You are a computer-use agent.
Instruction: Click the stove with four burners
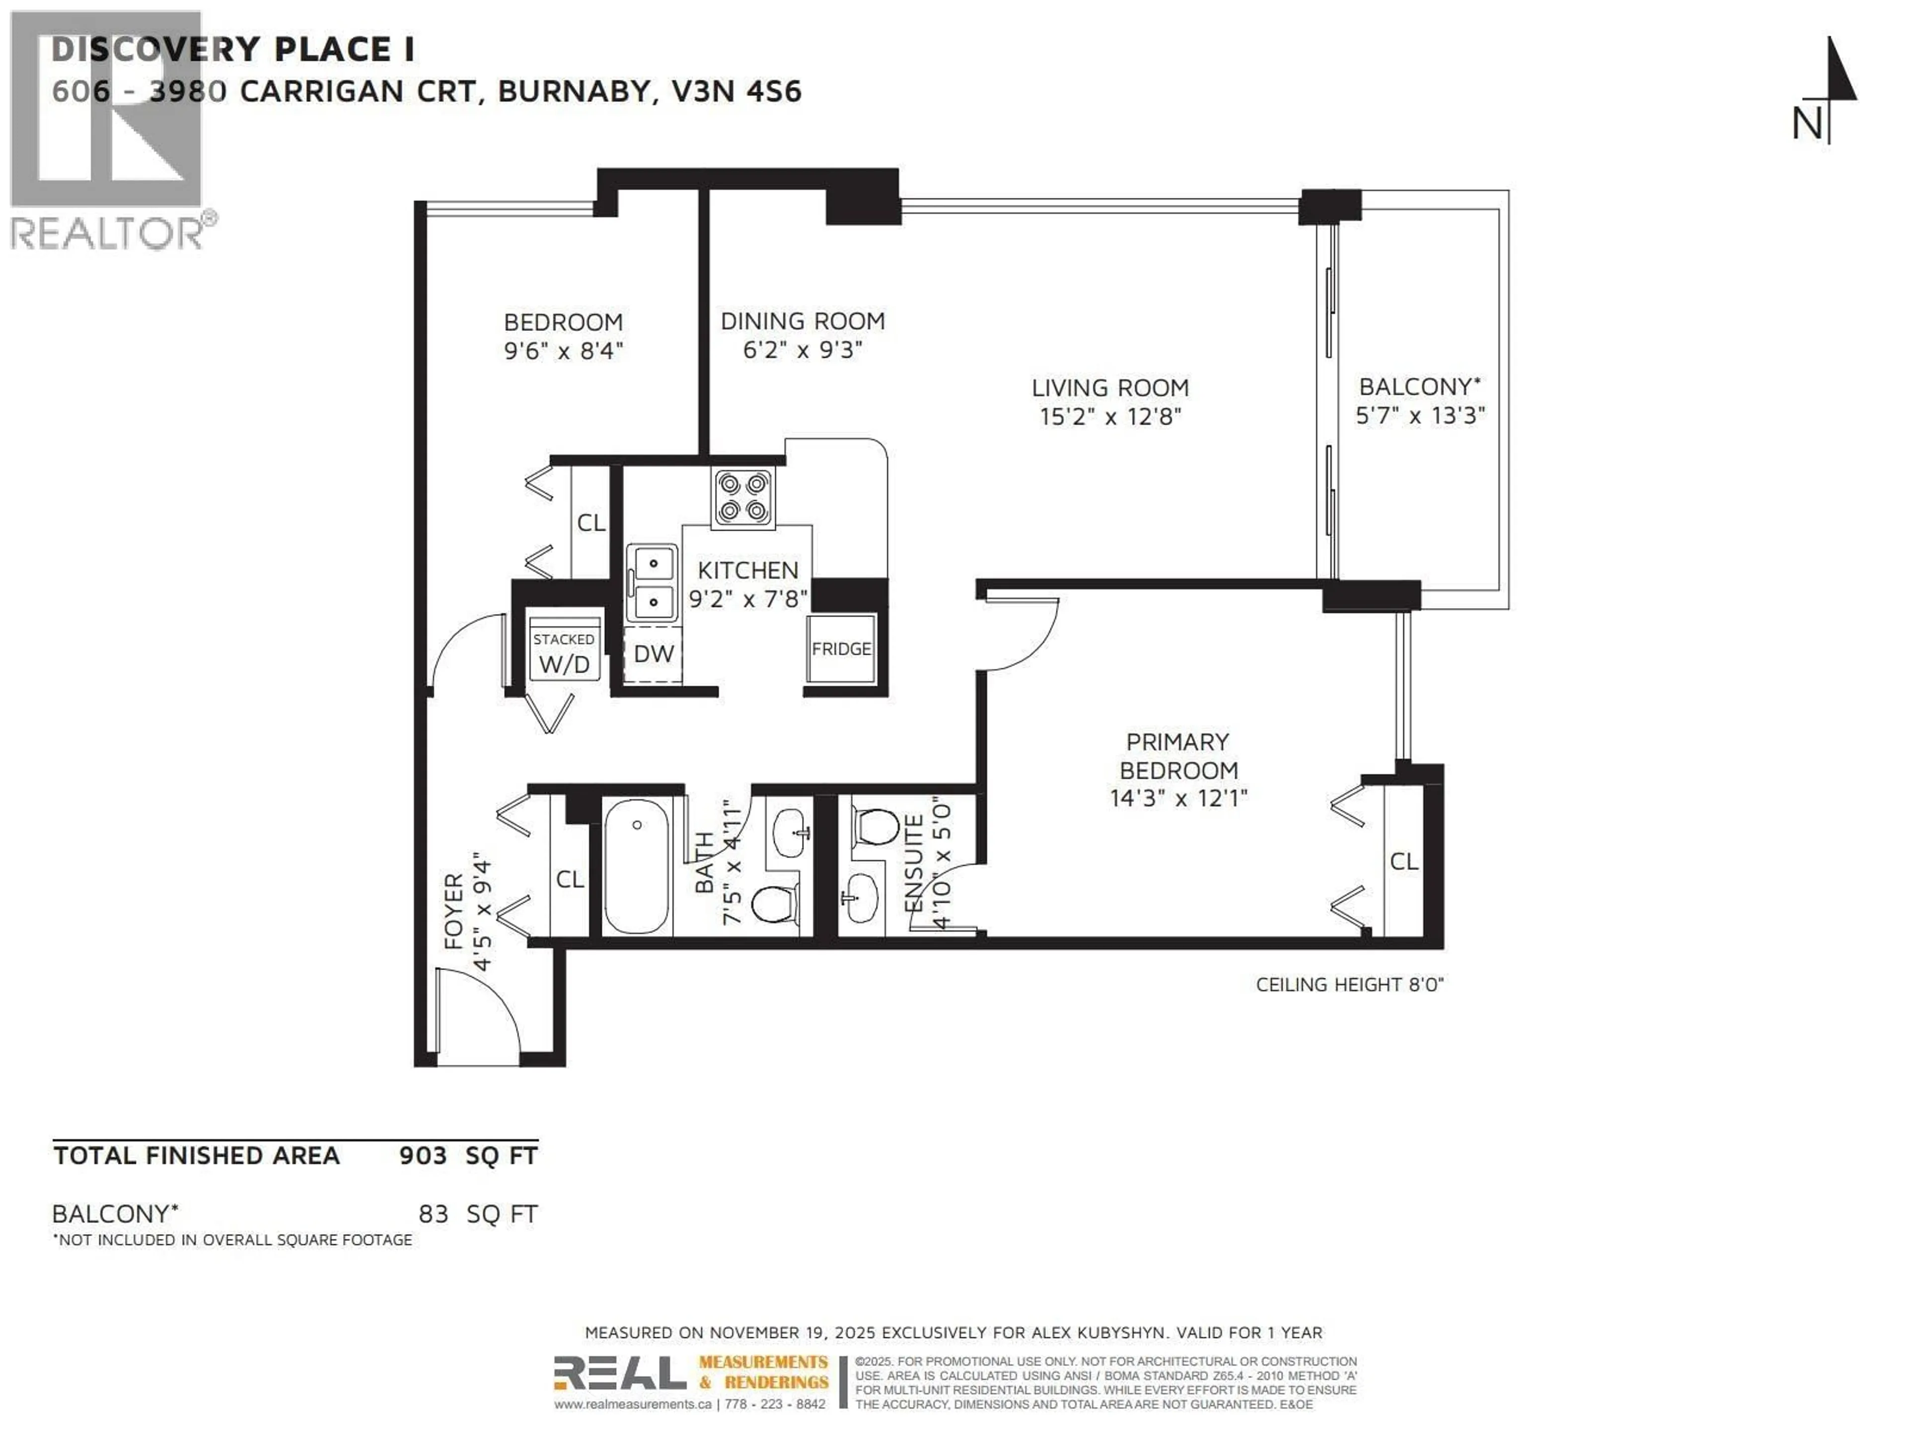(x=742, y=497)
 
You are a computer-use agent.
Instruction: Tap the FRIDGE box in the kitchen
(x=841, y=648)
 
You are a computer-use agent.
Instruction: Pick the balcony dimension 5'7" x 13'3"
(x=1420, y=416)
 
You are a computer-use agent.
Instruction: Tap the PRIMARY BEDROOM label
(x=1177, y=756)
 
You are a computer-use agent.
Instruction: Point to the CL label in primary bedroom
(x=1403, y=861)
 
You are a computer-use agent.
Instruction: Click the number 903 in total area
(x=423, y=1156)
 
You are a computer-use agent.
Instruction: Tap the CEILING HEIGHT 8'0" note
(x=1349, y=984)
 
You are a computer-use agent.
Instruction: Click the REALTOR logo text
(x=108, y=233)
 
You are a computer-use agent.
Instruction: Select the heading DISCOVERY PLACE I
(x=233, y=50)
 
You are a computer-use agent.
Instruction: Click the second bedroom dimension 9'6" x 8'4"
(x=563, y=351)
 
